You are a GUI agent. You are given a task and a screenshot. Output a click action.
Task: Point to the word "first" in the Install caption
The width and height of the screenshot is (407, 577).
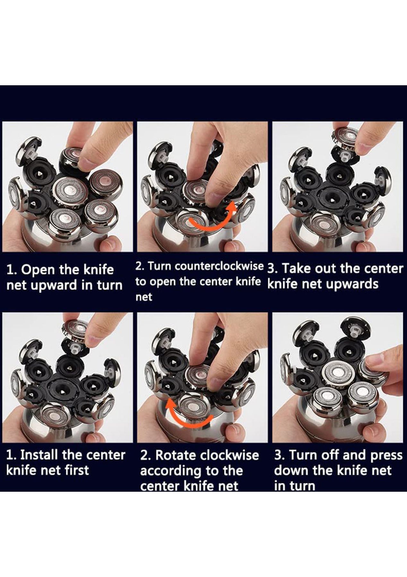pos(77,470)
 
